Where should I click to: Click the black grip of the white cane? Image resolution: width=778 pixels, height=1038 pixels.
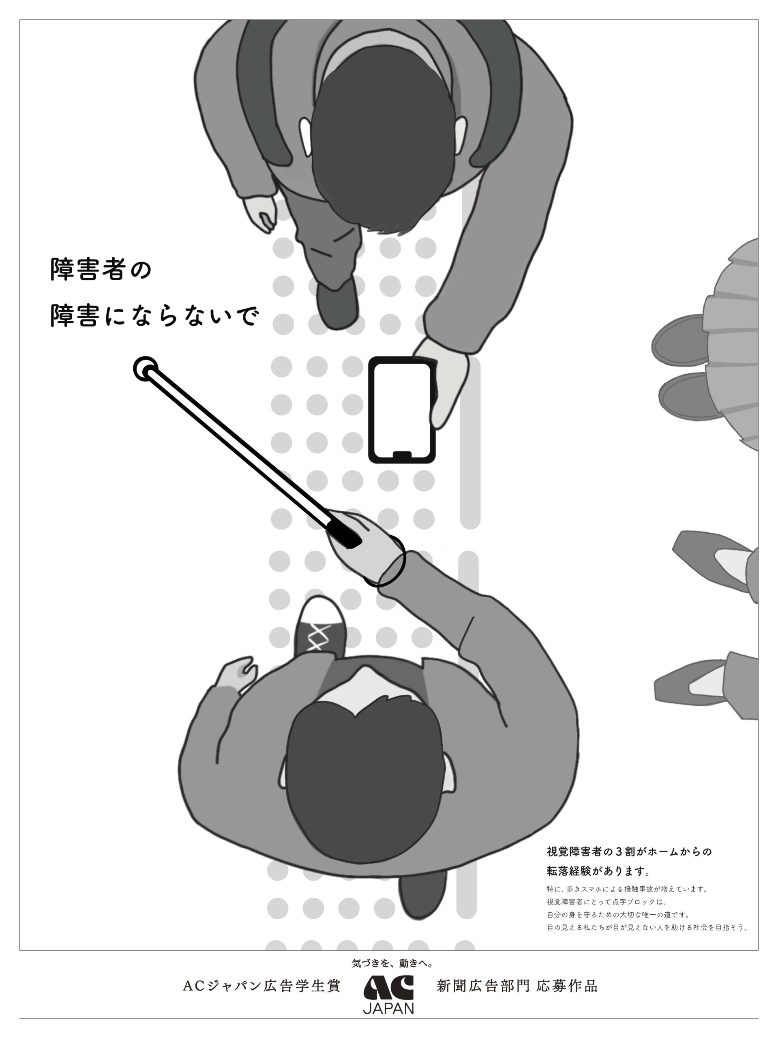[x=345, y=533]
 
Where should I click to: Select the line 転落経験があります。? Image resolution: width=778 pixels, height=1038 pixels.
[x=599, y=871]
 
